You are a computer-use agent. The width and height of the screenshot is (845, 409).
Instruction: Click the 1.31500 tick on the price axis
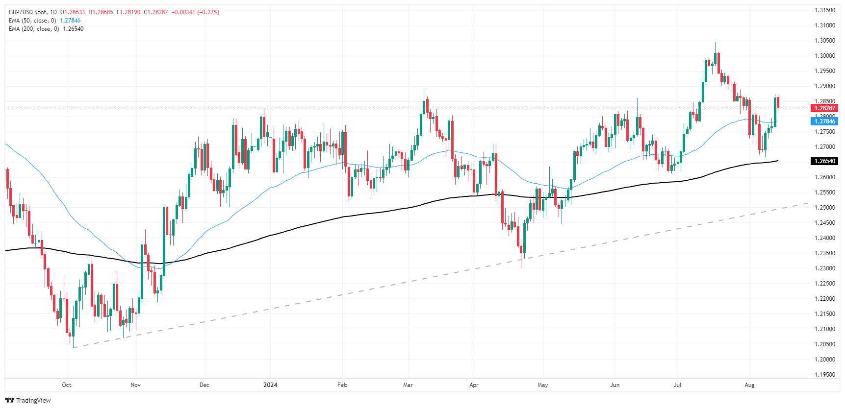pyautogui.click(x=824, y=10)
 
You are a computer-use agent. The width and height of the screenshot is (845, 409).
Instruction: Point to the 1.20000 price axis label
pyautogui.click(x=824, y=360)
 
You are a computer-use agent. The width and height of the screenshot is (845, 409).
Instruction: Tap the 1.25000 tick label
pyautogui.click(x=824, y=208)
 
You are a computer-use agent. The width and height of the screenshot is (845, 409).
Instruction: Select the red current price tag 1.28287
pyautogui.click(x=824, y=108)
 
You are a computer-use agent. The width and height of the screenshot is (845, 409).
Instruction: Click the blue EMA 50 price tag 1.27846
pyautogui.click(x=824, y=121)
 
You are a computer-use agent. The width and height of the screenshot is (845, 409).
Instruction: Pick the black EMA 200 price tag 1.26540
pyautogui.click(x=824, y=161)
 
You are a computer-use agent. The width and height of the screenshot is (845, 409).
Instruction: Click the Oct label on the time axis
pyautogui.click(x=67, y=385)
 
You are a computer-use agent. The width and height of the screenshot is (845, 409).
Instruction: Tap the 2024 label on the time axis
pyautogui.click(x=270, y=385)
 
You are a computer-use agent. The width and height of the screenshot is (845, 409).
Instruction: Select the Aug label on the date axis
pyautogui.click(x=749, y=385)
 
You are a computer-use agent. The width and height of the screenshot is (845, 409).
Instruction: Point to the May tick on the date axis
pyautogui.click(x=542, y=385)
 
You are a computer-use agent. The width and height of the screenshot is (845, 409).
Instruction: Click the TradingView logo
pyautogui.click(x=28, y=400)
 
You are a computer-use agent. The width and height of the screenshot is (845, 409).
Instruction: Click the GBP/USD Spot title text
pyautogui.click(x=29, y=12)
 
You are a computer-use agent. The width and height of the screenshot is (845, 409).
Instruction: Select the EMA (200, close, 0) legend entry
pyautogui.click(x=33, y=29)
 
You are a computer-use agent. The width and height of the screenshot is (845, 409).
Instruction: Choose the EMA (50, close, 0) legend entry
pyautogui.click(x=32, y=21)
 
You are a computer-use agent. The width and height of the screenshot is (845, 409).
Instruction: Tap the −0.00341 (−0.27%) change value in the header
pyautogui.click(x=196, y=12)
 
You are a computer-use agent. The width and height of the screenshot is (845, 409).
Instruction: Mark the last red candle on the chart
pyautogui.click(x=778, y=102)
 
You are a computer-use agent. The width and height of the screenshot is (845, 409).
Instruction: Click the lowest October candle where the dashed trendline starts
pyautogui.click(x=70, y=336)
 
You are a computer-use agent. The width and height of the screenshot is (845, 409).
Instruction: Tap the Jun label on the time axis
pyautogui.click(x=615, y=385)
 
